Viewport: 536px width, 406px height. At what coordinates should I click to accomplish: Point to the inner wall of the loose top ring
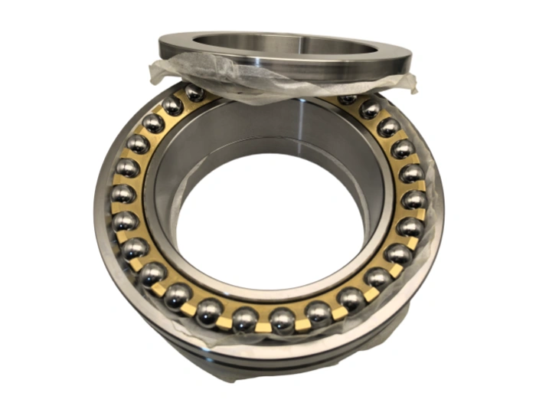(306, 44)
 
